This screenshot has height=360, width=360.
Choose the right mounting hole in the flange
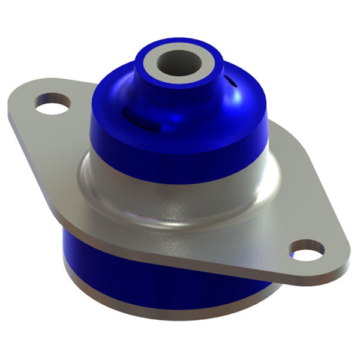coord(308,249)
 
